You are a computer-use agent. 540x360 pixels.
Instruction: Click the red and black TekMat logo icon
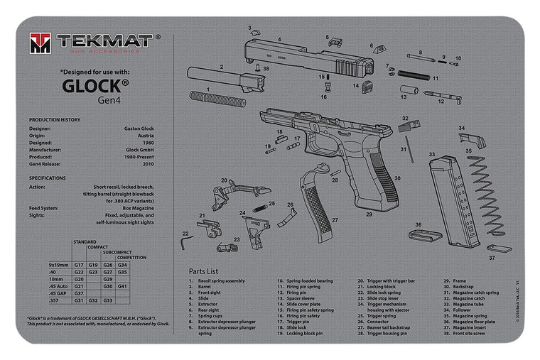pyautogui.click(x=40, y=43)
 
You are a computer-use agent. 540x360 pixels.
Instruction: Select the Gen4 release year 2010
pyautogui.click(x=147, y=164)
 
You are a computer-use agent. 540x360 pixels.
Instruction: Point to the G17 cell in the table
pyautogui.click(x=78, y=265)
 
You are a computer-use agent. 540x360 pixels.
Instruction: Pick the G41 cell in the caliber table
pyautogui.click(x=122, y=286)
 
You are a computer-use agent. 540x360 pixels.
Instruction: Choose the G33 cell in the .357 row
pyautogui.click(x=108, y=300)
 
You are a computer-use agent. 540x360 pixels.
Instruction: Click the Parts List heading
pyautogui.click(x=205, y=271)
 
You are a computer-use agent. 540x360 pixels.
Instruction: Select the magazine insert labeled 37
pyautogui.click(x=500, y=249)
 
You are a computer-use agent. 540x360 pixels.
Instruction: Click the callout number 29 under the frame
pyautogui.click(x=369, y=214)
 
